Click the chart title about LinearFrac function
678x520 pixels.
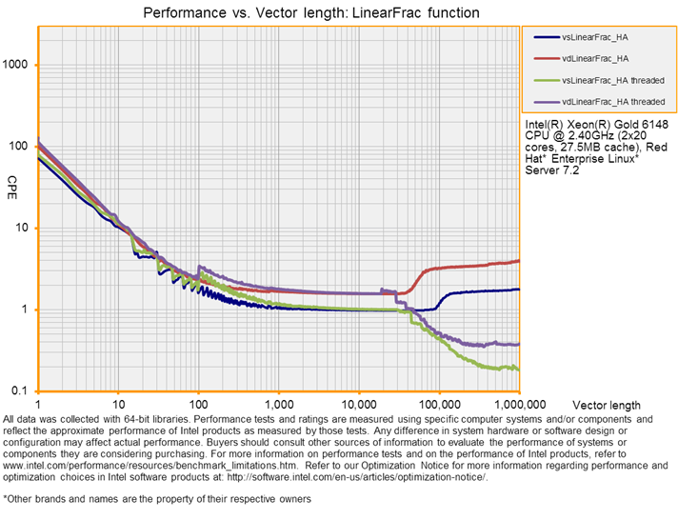click(x=310, y=13)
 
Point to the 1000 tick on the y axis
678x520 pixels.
click(x=20, y=65)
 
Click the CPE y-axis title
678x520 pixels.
click(x=12, y=181)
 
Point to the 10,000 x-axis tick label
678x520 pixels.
click(x=358, y=404)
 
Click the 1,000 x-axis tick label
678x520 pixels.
click(x=279, y=404)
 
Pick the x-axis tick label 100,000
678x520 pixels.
click(x=438, y=404)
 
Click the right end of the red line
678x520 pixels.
click(x=518, y=261)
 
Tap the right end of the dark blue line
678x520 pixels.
click(x=518, y=289)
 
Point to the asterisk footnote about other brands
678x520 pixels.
click(x=157, y=498)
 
